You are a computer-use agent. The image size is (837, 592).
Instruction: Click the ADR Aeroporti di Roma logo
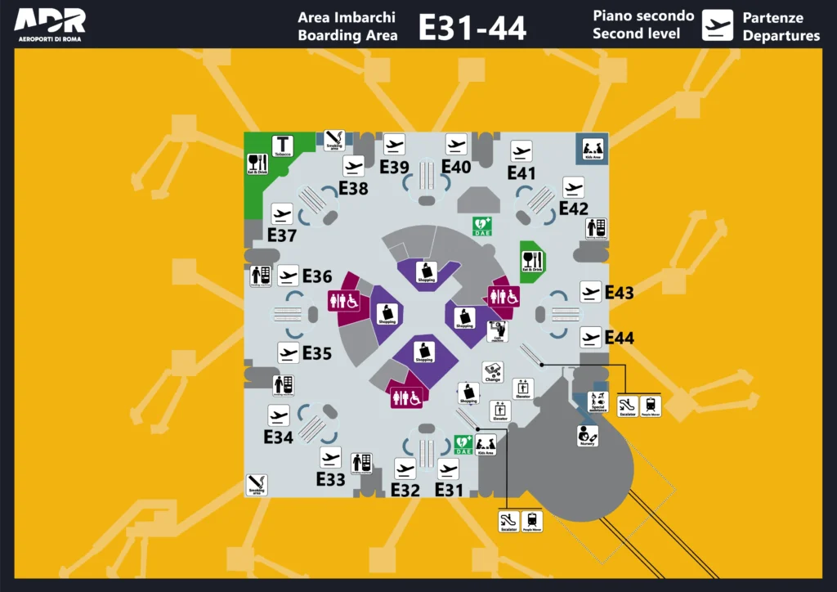50,25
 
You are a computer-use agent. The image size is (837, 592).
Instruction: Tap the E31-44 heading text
472,27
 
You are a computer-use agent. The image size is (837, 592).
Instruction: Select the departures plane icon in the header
718,25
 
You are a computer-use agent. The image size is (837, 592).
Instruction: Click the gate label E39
394,167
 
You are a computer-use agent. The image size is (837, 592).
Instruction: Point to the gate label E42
574,209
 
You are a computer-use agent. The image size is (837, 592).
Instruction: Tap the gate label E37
282,235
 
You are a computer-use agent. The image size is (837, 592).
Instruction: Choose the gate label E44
620,337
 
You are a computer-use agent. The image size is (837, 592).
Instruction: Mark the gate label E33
330,480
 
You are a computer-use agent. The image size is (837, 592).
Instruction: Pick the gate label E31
450,490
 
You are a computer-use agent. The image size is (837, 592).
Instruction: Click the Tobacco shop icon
283,146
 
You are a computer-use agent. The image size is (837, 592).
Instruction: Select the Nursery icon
588,436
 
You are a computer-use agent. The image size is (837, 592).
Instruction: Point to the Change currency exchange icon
492,373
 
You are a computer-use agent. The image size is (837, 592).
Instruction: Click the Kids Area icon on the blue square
593,148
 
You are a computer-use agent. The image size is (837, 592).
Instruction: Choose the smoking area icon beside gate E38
334,140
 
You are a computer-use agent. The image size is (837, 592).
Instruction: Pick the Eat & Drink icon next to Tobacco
257,164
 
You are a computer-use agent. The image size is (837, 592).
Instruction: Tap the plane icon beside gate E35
288,353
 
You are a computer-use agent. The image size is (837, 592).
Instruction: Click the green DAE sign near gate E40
482,225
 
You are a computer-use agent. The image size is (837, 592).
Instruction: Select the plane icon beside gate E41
521,151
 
